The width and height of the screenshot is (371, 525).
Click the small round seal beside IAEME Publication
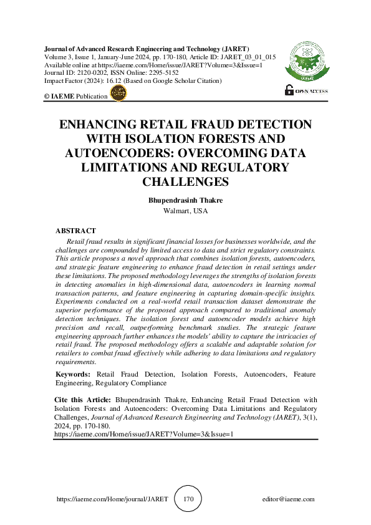point(118,94)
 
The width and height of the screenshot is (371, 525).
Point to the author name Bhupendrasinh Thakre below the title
point(185,201)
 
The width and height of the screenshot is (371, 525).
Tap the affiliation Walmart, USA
point(185,211)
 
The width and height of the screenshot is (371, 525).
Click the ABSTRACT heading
point(76,231)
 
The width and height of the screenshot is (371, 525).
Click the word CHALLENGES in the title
point(185,181)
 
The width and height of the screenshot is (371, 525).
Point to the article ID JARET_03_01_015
point(244,57)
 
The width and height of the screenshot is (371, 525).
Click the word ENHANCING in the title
point(105,124)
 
